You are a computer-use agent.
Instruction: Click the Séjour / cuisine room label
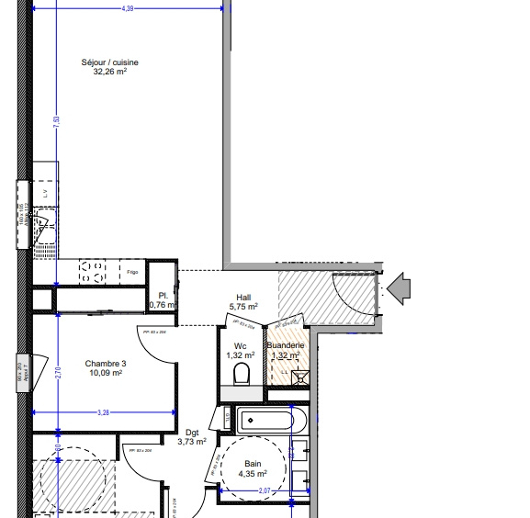click(x=109, y=62)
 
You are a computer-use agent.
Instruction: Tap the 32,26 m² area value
click(x=109, y=72)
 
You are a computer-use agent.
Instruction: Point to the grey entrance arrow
click(x=400, y=288)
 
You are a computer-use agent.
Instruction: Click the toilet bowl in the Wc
click(x=242, y=375)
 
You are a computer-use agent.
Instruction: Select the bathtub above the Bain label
click(x=265, y=422)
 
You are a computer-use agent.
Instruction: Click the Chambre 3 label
click(x=105, y=364)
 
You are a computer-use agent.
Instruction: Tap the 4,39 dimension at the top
click(x=128, y=8)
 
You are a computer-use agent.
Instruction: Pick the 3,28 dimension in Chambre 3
click(x=104, y=413)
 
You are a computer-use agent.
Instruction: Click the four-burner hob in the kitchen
click(x=94, y=271)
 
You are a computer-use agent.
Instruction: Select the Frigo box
click(x=132, y=272)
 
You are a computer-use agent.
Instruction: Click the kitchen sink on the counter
click(x=44, y=229)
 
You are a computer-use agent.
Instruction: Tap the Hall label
click(x=243, y=297)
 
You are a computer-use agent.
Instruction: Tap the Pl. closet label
click(x=162, y=294)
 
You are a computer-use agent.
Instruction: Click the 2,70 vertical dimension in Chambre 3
click(x=57, y=374)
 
